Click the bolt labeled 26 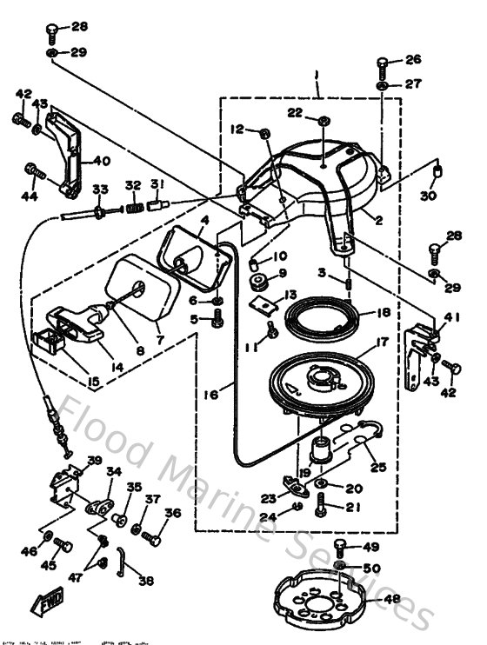click(384, 65)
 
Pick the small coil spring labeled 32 click(133, 209)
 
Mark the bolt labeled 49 click(341, 547)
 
